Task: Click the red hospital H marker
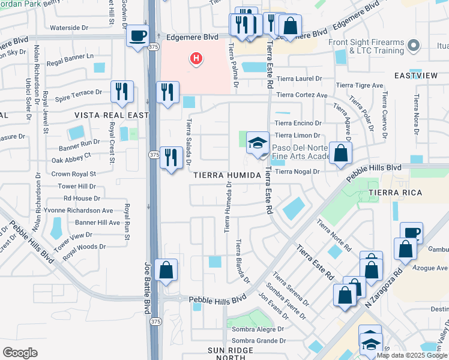click(196, 58)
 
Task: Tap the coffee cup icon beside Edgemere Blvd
click(138, 36)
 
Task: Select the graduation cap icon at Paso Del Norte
click(258, 143)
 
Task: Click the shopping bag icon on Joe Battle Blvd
click(166, 271)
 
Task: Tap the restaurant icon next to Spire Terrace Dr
click(122, 92)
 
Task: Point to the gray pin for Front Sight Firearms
click(413, 45)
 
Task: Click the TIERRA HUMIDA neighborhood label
click(228, 175)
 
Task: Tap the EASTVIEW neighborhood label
click(415, 76)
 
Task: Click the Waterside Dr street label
click(68, 28)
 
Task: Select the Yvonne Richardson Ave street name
click(78, 211)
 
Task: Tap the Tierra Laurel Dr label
click(299, 79)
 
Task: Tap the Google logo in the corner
click(20, 353)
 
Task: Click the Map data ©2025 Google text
click(412, 355)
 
